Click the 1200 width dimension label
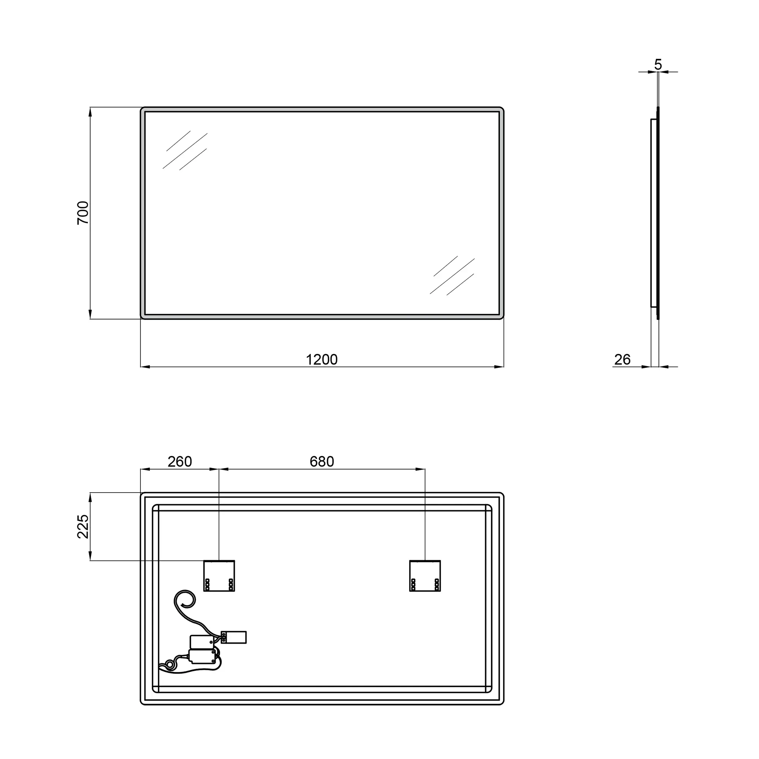coord(322,359)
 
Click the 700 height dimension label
coord(83,213)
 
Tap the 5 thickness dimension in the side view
coord(658,64)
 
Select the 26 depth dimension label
coord(622,359)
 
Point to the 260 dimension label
coord(180,461)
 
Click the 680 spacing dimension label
coord(322,461)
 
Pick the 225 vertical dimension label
coord(83,526)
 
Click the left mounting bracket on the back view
coord(219,576)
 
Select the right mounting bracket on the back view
coord(425,576)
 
